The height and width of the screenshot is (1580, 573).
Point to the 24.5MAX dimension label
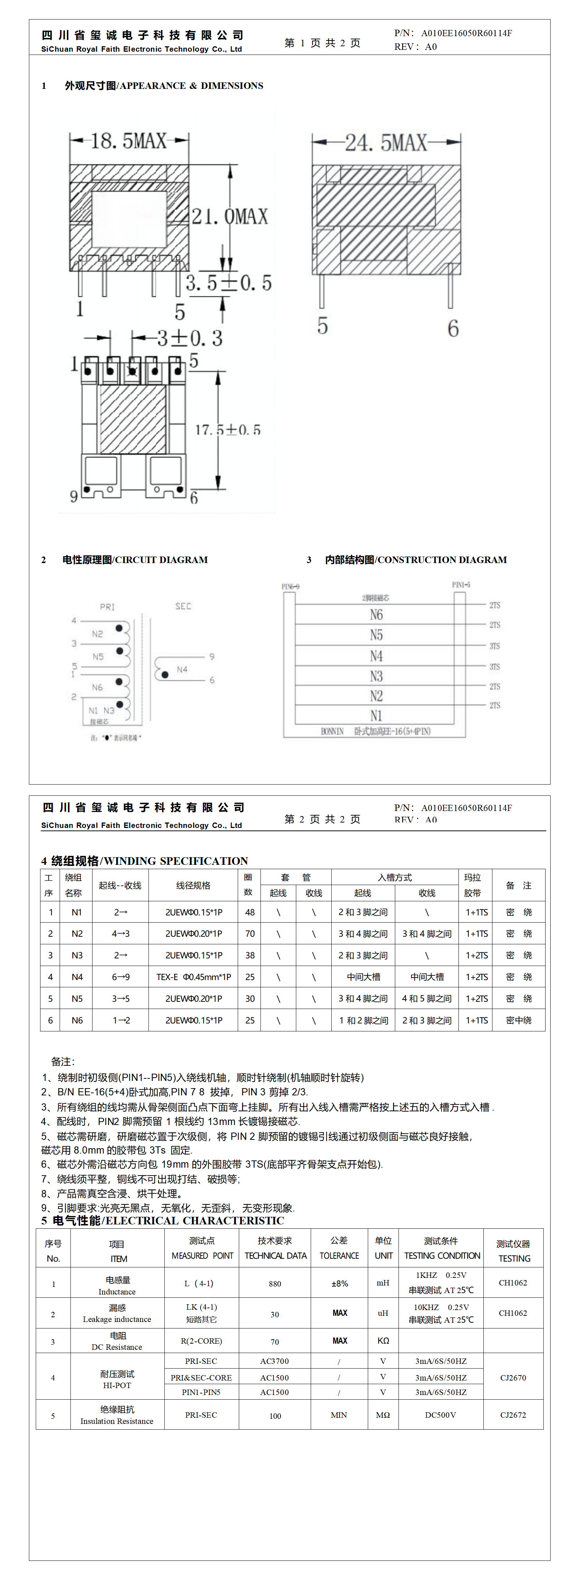pyautogui.click(x=385, y=143)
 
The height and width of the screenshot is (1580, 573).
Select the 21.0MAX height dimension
pyautogui.click(x=230, y=216)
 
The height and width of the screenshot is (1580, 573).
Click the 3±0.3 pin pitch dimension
pyautogui.click(x=189, y=338)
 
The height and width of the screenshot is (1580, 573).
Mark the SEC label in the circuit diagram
pyautogui.click(x=183, y=606)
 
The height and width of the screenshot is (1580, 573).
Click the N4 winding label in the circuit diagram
pyautogui.click(x=182, y=669)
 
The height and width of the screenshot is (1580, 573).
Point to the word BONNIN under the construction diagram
pyautogui.click(x=332, y=731)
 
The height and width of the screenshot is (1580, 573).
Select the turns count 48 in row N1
pyautogui.click(x=250, y=912)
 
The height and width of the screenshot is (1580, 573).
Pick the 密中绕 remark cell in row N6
pyautogui.click(x=518, y=1020)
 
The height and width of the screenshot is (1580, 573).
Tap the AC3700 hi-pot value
pyautogui.click(x=274, y=1361)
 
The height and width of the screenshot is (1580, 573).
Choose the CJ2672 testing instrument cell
pyautogui.click(x=513, y=1415)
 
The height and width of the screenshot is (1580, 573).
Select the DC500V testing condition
pyautogui.click(x=440, y=1415)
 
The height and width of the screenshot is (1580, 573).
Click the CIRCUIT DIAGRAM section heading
pyautogui.click(x=135, y=559)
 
